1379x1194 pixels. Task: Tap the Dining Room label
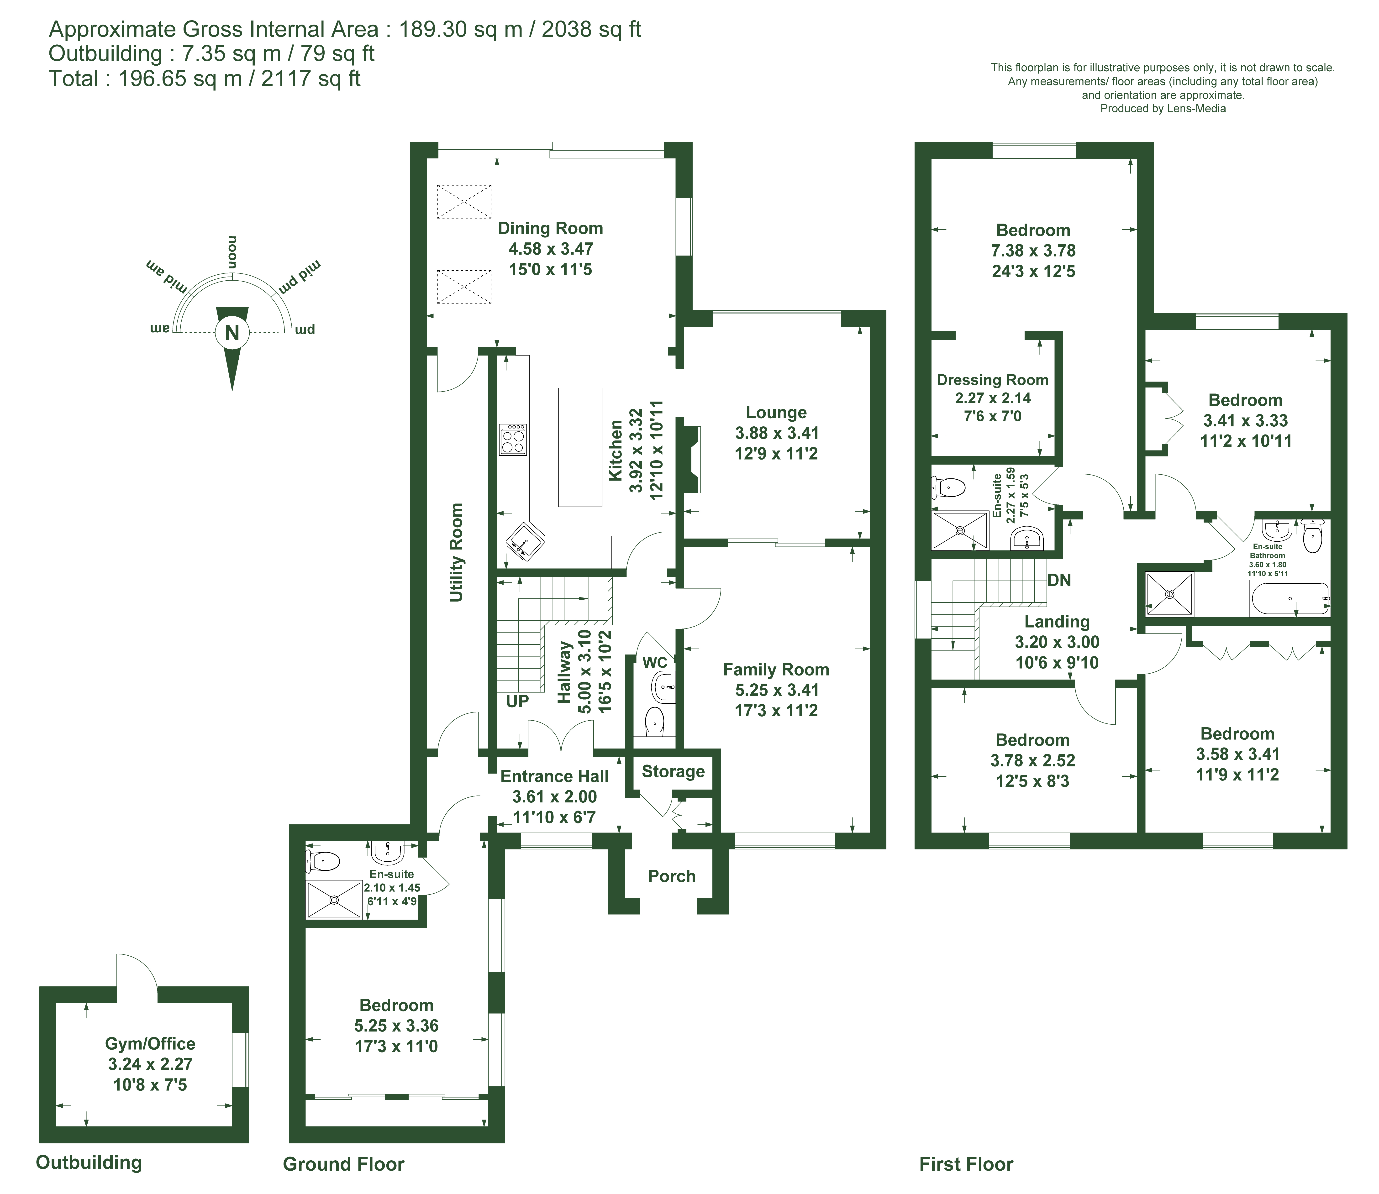click(x=551, y=229)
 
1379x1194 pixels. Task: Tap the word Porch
click(x=672, y=876)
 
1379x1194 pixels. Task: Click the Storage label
click(x=673, y=772)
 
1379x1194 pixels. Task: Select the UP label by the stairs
click(x=517, y=701)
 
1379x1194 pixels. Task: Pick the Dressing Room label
click(x=992, y=380)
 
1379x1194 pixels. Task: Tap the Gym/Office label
click(x=150, y=1044)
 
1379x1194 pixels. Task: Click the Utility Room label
click(x=456, y=552)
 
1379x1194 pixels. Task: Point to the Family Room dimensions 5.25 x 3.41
click(x=776, y=690)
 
